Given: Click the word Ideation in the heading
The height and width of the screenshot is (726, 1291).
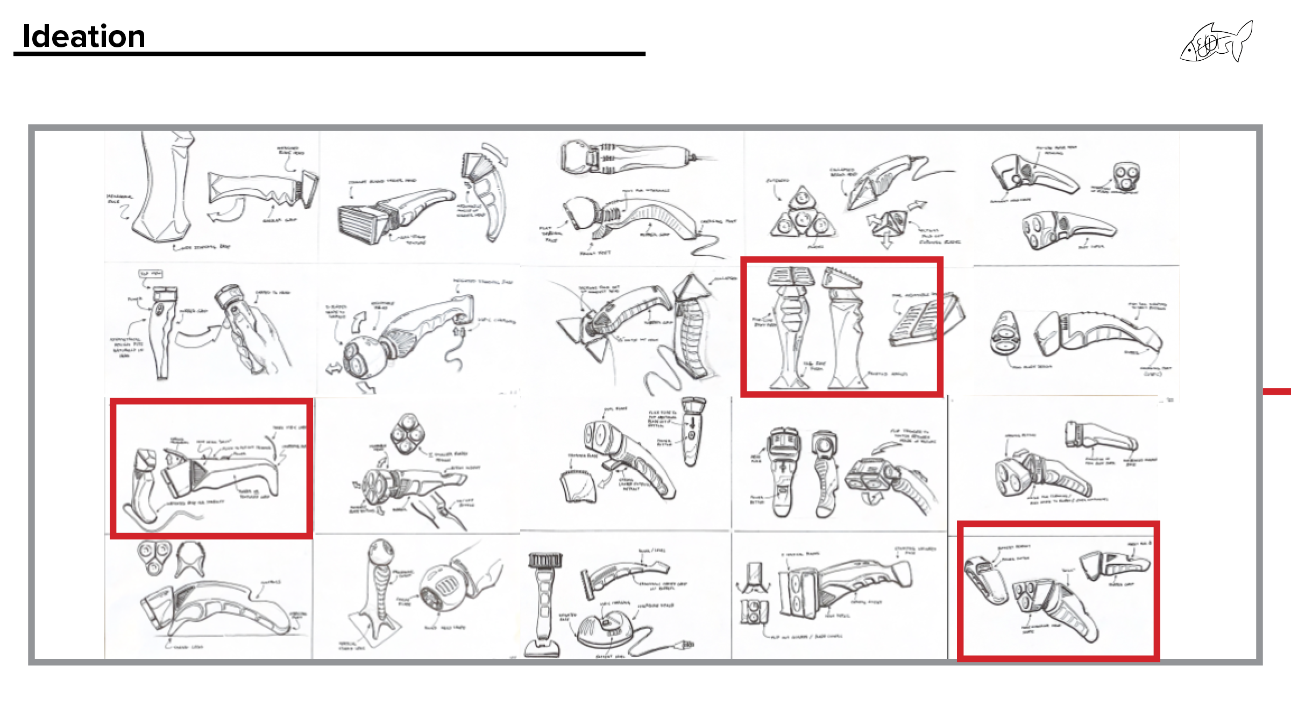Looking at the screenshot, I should [x=84, y=37].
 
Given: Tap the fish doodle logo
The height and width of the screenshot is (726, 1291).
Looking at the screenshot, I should [x=1216, y=43].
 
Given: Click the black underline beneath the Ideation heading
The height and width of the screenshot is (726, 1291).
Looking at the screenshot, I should [x=329, y=54].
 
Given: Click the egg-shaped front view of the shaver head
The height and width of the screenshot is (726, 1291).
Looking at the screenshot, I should [x=1004, y=333].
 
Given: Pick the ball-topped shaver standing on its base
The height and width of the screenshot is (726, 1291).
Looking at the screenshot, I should [x=379, y=586].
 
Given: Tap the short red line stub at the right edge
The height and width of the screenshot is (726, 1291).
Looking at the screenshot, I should [x=1277, y=392].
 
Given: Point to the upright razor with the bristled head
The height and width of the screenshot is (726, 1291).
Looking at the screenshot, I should [x=544, y=602].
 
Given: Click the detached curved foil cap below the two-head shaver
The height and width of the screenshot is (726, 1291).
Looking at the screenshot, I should [x=578, y=487].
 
